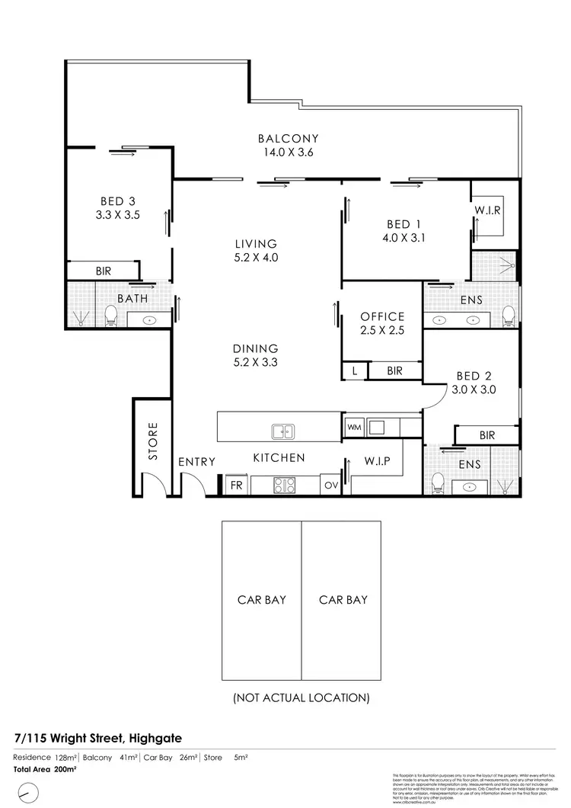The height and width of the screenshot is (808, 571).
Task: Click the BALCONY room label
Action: coord(288,139)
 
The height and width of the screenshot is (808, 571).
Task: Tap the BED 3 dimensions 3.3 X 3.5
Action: coord(117,215)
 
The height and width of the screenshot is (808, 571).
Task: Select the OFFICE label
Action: coord(382,316)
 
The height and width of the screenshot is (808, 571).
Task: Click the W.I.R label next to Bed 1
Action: coord(487,210)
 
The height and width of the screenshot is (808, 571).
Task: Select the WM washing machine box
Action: coord(354,428)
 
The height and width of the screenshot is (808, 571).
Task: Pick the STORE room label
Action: coord(152,441)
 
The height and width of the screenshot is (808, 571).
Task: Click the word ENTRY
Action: coord(196,462)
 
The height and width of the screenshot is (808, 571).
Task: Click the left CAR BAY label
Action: coord(261,600)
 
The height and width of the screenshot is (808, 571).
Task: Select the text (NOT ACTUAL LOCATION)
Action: coord(301,697)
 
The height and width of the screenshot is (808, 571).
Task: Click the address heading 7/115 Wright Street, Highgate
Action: coord(97,738)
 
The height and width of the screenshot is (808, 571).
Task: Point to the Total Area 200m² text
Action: coord(45,770)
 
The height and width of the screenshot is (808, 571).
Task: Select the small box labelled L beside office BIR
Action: coord(355,371)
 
